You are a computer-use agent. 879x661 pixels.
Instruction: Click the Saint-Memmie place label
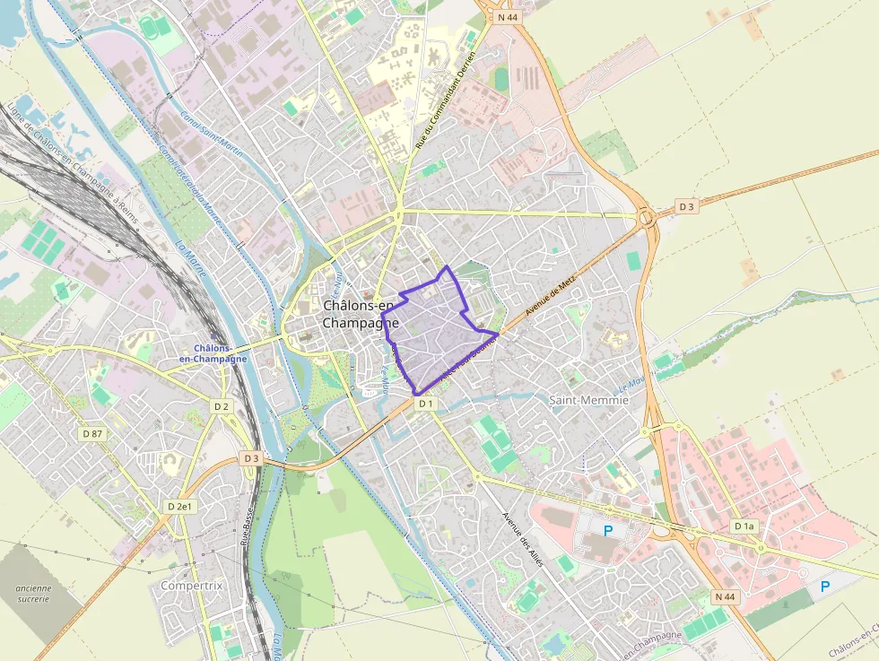pos(587,400)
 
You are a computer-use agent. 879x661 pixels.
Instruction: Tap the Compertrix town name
pos(191,586)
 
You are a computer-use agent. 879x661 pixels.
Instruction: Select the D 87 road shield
pos(92,433)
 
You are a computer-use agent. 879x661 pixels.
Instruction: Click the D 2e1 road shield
pos(180,507)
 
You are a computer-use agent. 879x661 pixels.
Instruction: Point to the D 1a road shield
pos(744,526)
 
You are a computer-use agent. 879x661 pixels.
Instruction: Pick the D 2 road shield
pos(222,406)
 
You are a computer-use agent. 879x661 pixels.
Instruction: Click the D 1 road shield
pos(425,404)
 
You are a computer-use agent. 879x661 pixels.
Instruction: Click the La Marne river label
pos(191,258)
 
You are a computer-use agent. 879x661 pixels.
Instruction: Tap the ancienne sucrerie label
pos(34,594)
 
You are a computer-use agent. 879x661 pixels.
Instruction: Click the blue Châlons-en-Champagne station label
pos(213,353)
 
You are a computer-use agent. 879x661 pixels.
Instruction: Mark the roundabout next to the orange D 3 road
pos(647,217)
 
